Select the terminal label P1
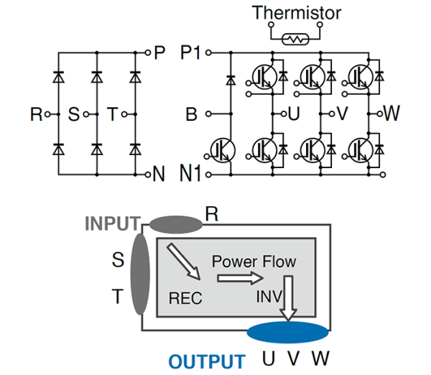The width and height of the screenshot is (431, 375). tap(193, 53)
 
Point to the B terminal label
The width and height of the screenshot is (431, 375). tap(191, 114)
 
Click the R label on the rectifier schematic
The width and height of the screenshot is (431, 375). tap(35, 114)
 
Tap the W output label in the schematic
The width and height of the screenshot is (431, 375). tap(391, 114)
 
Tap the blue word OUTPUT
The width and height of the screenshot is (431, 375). tap(207, 361)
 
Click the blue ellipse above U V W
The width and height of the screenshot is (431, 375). tap(288, 334)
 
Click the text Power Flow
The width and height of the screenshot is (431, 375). tap(254, 261)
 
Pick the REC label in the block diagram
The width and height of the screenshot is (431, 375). tap(185, 297)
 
